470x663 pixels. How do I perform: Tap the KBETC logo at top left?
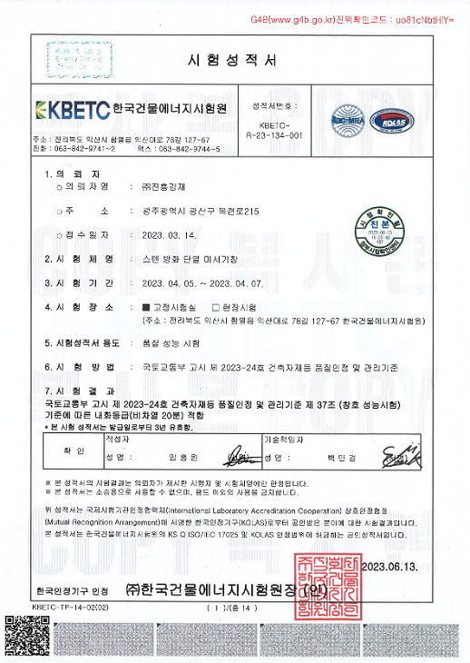coord(72,110)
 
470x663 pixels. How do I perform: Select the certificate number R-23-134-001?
coord(273,134)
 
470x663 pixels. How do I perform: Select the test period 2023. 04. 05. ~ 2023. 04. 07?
coord(208,283)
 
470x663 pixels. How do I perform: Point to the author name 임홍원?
coord(182,457)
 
